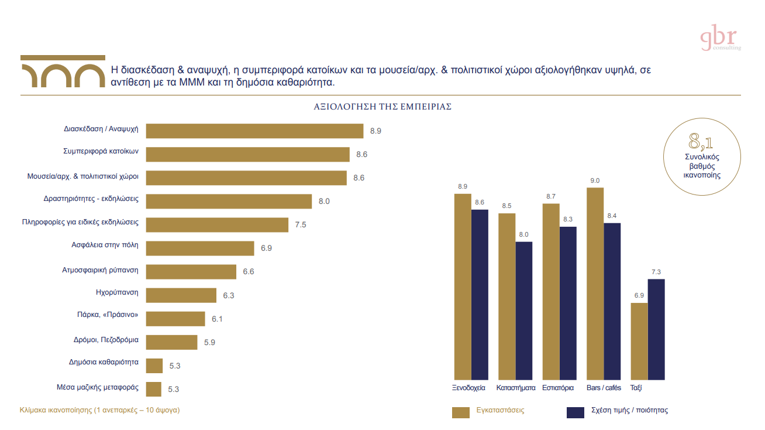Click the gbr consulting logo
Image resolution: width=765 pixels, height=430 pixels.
pos(720,39)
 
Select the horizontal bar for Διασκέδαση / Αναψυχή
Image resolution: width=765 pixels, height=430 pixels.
pos(254,131)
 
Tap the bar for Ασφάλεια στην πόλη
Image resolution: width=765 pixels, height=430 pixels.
pos(199,248)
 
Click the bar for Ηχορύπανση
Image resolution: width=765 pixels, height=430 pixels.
pos(181,295)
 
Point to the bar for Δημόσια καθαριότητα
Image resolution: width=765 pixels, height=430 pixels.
pos(154,366)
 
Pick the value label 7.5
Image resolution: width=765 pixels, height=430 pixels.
pos(301,225)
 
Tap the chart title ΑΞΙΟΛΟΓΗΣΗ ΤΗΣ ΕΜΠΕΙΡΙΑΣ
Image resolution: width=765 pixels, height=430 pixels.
pos(382,107)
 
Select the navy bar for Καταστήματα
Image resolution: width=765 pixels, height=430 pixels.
pos(524,310)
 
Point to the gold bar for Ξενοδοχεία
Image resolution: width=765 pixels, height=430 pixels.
pos(463,286)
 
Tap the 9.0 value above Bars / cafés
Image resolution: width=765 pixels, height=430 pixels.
pos(595,181)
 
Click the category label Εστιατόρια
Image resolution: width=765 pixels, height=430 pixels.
pos(558,388)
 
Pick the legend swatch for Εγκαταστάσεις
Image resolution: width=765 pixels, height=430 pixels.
pos(461,412)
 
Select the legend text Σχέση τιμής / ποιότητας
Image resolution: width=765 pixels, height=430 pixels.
pos(629,410)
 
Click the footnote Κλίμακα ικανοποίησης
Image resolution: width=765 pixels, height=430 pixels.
pos(99,410)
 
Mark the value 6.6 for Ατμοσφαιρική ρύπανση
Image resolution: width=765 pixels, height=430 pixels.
pos(249,272)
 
